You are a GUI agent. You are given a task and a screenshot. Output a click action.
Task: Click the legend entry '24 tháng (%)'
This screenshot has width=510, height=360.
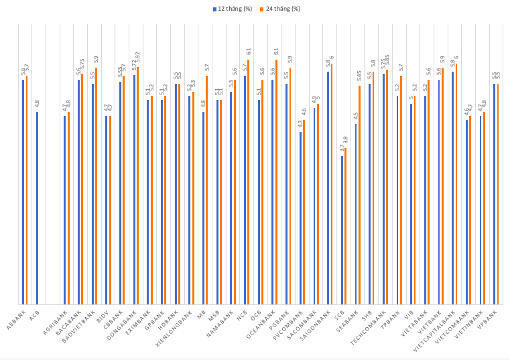click(x=282, y=9)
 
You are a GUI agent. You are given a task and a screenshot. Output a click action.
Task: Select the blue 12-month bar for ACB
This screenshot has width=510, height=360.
click(x=37, y=208)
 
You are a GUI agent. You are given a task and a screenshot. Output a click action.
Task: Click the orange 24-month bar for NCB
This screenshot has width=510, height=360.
click(x=249, y=182)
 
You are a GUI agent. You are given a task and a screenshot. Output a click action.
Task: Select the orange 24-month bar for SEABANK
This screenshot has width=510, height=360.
click(x=359, y=194)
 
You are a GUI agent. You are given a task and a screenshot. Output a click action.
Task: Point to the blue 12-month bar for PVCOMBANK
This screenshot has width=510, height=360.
click(x=300, y=218)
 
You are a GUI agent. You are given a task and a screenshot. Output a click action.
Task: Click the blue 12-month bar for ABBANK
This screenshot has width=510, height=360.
click(x=23, y=192)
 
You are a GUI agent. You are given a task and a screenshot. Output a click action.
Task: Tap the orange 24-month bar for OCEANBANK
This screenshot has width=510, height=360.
click(x=276, y=182)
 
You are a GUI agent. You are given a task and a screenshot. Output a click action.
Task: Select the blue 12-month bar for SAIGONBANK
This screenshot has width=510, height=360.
click(x=328, y=188)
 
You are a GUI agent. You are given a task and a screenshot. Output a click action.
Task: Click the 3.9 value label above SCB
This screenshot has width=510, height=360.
click(x=346, y=141)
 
